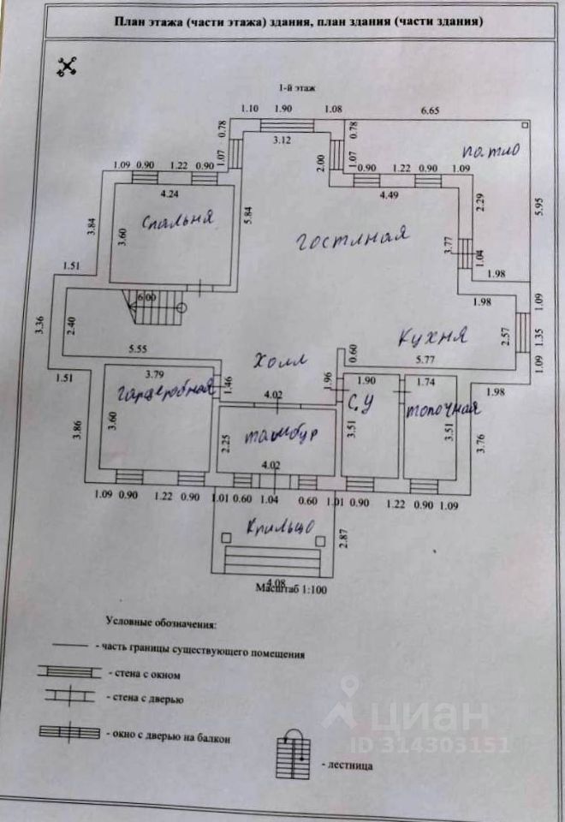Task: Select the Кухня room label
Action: (x=435, y=337)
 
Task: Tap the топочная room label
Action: (x=440, y=408)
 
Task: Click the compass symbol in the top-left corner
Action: (x=67, y=66)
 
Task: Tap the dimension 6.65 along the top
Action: (x=434, y=110)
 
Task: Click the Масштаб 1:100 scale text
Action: (x=292, y=589)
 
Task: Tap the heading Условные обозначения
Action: (x=161, y=626)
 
